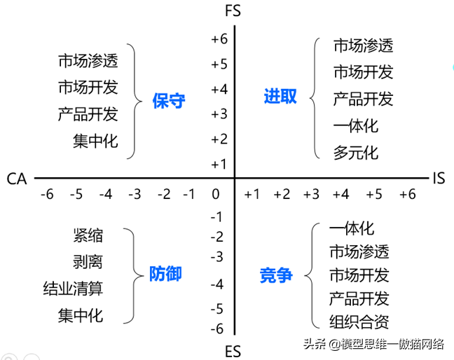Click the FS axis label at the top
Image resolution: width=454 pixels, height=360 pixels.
point(235,11)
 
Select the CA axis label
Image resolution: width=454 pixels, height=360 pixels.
point(17,179)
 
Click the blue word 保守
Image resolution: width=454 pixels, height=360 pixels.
point(169,99)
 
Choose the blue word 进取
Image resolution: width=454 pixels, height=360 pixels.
point(280,96)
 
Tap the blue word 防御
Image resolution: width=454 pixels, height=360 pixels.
point(165,273)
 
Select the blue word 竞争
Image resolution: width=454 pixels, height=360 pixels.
point(275,274)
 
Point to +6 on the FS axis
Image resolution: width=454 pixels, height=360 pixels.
point(219,39)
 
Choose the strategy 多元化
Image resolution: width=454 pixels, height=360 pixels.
point(355,152)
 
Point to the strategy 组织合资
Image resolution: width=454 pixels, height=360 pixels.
point(359,322)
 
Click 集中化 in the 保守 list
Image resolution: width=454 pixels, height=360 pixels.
point(95,141)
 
